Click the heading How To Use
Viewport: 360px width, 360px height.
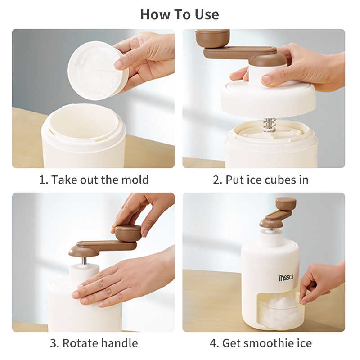(180, 14)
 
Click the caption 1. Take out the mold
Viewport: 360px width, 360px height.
(94, 180)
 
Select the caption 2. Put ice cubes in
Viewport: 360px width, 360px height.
(261, 180)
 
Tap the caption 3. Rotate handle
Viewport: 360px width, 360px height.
(94, 343)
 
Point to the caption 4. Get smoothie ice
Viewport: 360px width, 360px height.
(261, 343)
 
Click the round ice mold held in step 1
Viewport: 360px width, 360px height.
(98, 71)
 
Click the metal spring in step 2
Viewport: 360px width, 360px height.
(269, 125)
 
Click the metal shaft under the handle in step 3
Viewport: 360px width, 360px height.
(85, 261)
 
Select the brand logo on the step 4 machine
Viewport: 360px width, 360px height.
(286, 278)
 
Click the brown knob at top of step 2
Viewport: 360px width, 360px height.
(212, 38)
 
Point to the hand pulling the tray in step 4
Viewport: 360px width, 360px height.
(321, 283)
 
